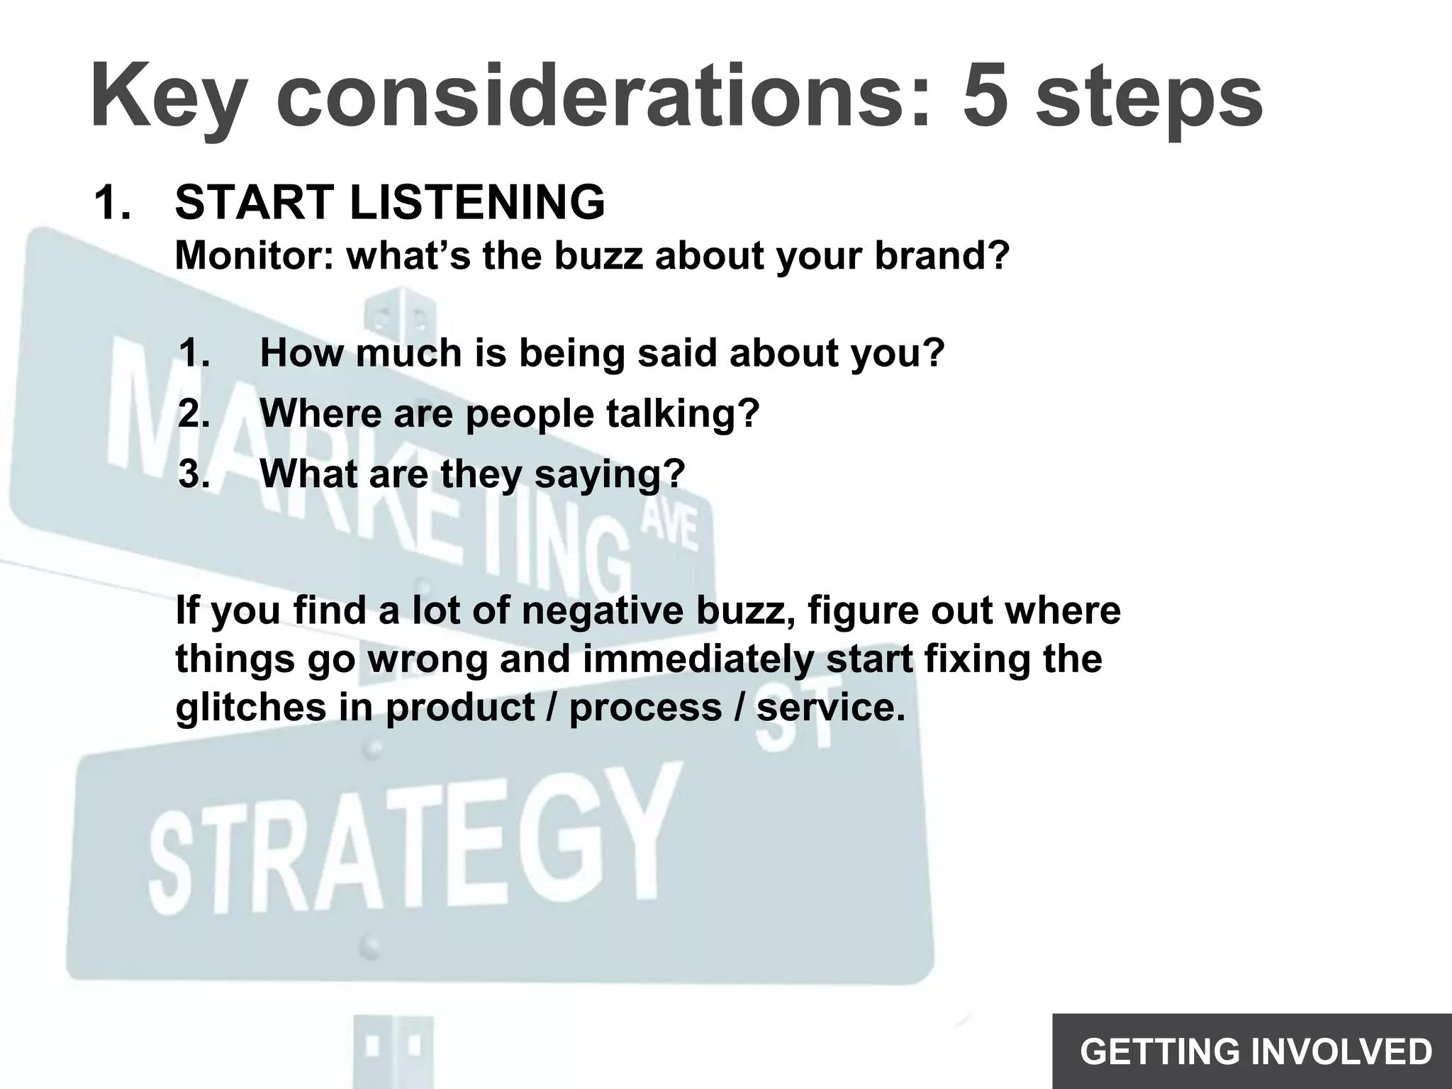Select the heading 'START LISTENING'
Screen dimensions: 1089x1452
(390, 202)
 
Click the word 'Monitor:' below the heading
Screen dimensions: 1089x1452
(254, 256)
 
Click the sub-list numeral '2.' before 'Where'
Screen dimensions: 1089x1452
(194, 413)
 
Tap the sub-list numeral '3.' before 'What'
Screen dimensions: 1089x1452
(194, 474)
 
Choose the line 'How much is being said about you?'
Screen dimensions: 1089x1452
(603, 352)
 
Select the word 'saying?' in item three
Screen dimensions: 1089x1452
(610, 474)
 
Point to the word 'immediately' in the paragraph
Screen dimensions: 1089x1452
(698, 659)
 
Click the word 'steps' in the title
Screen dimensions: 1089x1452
(1149, 96)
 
